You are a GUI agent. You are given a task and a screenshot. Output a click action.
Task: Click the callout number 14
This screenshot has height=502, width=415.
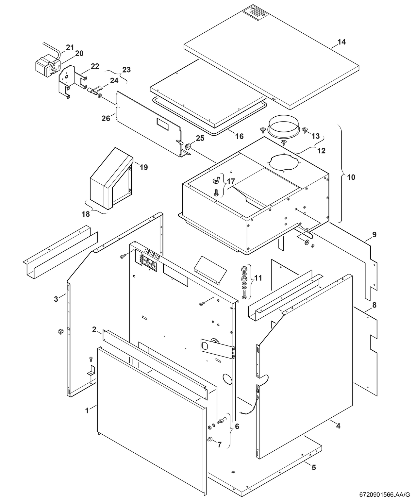coord(341,42)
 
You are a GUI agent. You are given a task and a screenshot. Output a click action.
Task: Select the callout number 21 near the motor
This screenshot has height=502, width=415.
coord(70,47)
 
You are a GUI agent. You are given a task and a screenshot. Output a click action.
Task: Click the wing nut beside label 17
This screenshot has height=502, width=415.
coord(216,179)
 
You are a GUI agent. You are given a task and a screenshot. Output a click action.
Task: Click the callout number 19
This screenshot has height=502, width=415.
coord(143,167)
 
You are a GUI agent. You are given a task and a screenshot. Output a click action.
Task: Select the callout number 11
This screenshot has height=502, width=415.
coord(258,278)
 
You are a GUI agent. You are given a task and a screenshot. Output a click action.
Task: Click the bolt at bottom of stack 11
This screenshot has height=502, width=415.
coord(244,295)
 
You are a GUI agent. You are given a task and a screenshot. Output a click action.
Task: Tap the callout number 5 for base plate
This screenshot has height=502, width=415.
coord(314,468)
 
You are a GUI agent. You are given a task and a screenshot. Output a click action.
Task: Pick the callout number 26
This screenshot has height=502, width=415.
coord(106,118)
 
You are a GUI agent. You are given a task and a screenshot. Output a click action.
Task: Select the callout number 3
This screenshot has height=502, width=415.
coord(56,299)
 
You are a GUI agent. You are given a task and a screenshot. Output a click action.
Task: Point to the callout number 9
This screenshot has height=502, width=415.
coord(374,234)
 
